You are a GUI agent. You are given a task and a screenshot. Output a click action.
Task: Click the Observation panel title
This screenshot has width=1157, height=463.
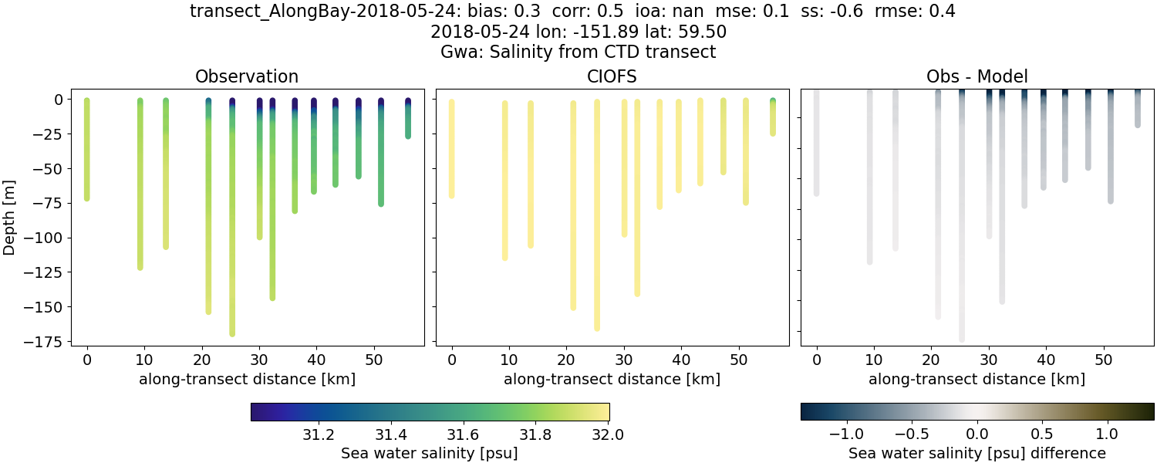[x=247, y=76]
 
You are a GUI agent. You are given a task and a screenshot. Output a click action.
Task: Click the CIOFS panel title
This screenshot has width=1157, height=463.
[x=612, y=76]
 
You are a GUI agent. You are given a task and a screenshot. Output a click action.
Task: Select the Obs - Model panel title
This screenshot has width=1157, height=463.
[x=977, y=76]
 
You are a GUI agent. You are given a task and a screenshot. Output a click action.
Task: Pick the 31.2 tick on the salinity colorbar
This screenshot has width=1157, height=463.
[x=318, y=434]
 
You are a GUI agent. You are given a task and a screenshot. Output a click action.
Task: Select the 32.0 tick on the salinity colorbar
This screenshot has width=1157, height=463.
[x=608, y=434]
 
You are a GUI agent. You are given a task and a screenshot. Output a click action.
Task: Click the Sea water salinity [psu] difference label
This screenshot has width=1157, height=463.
[x=977, y=453]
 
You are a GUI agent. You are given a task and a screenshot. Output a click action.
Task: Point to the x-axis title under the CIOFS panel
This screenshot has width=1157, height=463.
[x=612, y=379]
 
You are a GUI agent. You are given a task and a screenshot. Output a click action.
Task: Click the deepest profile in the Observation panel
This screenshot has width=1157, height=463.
[x=232, y=231]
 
